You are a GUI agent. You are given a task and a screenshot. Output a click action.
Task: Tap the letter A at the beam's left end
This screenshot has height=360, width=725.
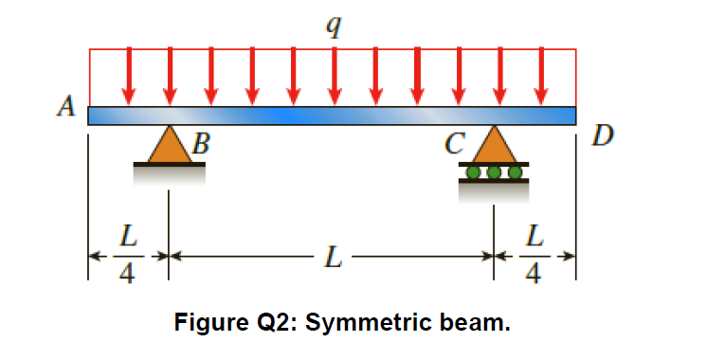(65, 107)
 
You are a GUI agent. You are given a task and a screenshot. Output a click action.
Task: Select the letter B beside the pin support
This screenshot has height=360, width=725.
(201, 145)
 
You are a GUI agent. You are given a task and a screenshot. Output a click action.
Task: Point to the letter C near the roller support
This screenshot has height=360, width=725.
(456, 145)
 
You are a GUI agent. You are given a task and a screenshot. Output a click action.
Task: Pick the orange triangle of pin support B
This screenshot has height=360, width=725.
(169, 146)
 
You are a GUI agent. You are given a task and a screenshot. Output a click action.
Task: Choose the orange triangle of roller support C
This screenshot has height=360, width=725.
(494, 146)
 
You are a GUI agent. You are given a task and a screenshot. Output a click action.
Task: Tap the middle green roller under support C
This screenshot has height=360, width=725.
(494, 171)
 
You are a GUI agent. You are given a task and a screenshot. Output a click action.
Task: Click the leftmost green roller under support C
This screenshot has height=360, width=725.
(474, 171)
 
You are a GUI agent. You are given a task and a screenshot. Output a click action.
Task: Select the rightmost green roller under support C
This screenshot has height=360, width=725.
(514, 171)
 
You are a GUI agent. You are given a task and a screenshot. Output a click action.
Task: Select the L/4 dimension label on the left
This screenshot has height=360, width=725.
(127, 255)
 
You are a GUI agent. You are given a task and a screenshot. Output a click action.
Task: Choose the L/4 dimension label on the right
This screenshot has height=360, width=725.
(535, 255)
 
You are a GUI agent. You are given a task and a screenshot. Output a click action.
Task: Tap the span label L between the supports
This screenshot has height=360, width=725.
(331, 256)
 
